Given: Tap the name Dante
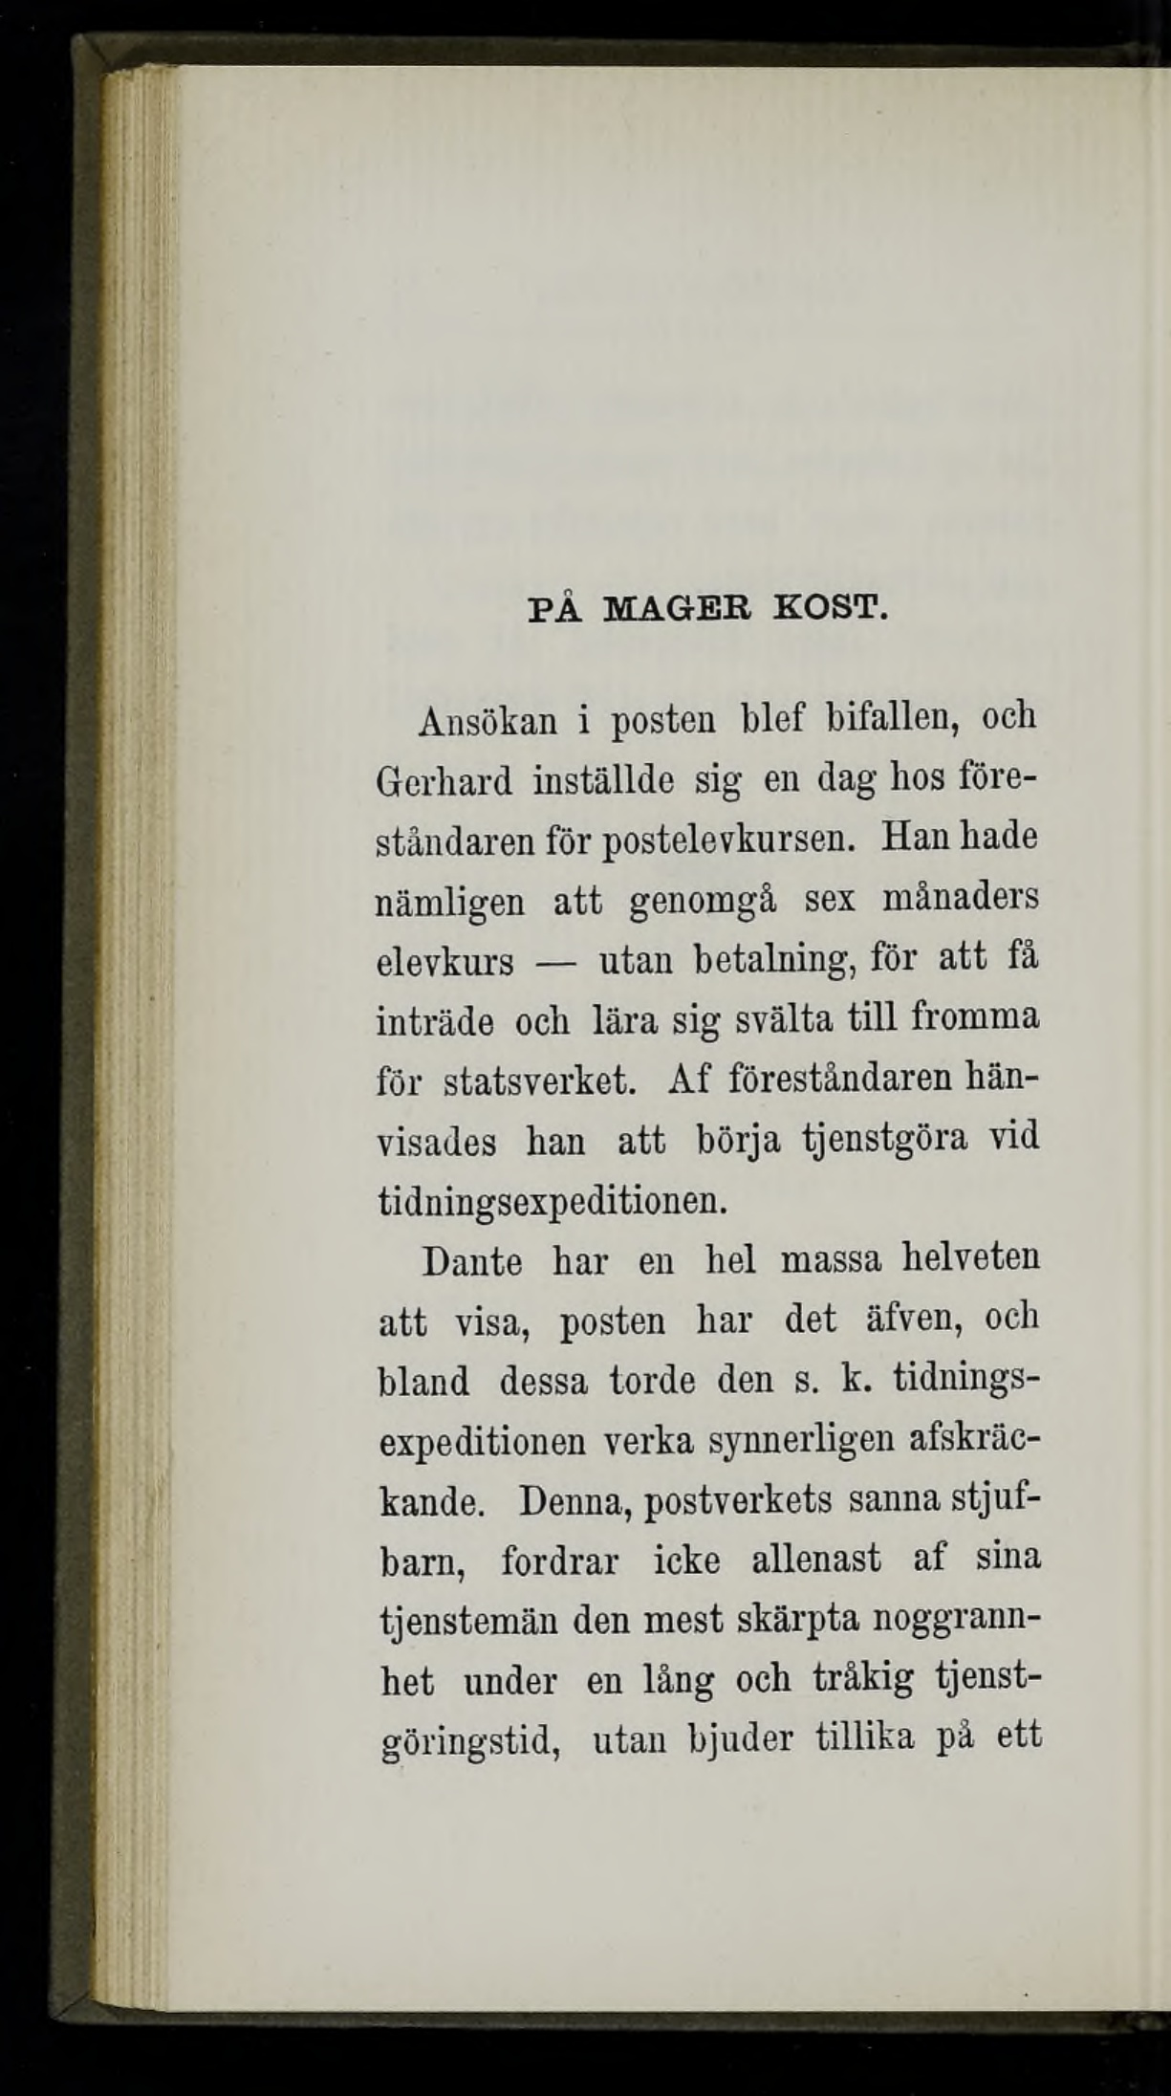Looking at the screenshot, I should [x=472, y=1261].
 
